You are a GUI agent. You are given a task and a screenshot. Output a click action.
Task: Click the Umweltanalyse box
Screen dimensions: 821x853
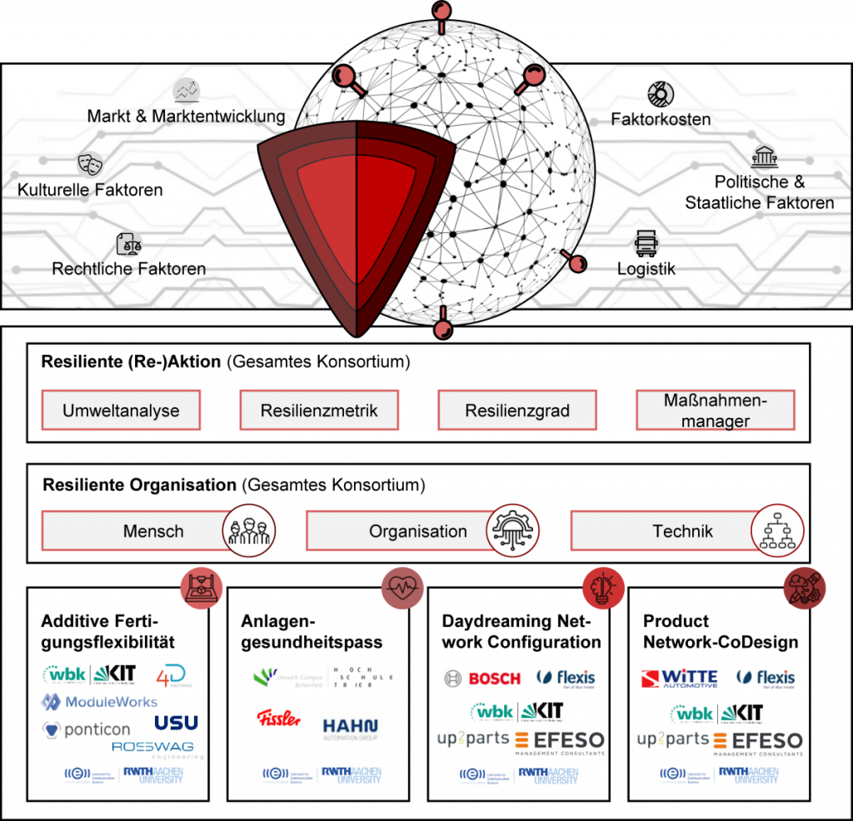(121, 410)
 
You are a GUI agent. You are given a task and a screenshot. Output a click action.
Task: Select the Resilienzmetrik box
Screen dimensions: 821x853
(319, 410)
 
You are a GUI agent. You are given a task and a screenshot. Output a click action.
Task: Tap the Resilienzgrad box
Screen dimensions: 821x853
(517, 410)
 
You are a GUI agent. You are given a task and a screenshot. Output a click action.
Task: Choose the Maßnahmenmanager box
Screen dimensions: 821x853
(716, 410)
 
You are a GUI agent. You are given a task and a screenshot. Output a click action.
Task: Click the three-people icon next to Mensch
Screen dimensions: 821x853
(249, 530)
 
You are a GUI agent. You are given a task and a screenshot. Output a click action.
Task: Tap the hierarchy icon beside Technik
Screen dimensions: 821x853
(777, 530)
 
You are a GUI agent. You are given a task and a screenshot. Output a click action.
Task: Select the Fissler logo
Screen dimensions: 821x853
(278, 718)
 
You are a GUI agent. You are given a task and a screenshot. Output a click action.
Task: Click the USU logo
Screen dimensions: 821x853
(176, 722)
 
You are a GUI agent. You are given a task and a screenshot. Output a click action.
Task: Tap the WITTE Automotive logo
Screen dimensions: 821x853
(679, 679)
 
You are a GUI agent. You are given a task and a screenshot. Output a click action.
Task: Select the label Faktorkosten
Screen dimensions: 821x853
(661, 120)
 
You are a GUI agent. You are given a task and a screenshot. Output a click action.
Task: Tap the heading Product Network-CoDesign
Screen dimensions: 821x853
(720, 632)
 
